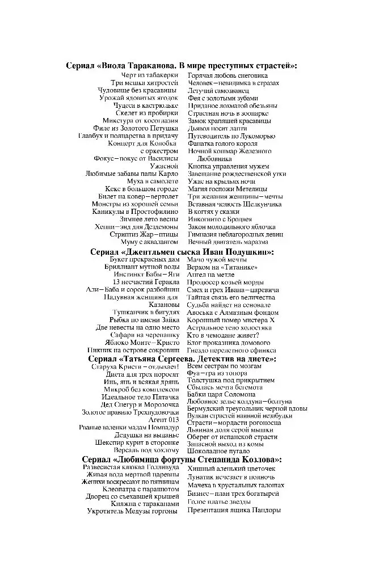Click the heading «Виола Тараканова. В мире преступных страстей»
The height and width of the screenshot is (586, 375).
(182, 66)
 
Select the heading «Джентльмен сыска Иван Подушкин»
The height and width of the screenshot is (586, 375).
(182, 251)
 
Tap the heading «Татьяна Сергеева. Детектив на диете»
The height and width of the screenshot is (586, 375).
(182, 359)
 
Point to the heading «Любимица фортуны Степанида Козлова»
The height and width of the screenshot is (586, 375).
(182, 459)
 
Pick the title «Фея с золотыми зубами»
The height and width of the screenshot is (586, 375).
(223, 98)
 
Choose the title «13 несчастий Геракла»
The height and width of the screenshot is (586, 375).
(146, 282)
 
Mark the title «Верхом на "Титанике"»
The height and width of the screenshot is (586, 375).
(222, 267)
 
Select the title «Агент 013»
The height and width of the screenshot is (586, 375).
(163, 419)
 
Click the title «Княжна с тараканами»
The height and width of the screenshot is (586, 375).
(149, 503)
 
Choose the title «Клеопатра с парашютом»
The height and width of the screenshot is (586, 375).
(141, 488)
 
